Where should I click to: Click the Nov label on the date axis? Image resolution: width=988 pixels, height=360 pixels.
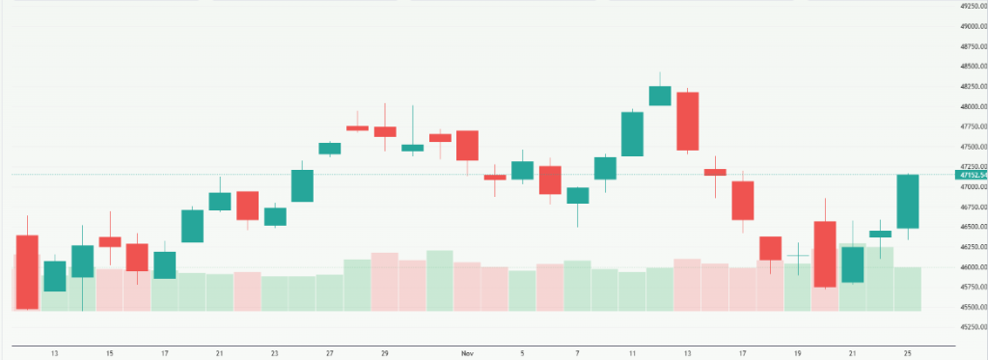pyautogui.click(x=467, y=353)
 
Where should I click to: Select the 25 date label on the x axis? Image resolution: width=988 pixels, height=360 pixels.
pyautogui.click(x=907, y=353)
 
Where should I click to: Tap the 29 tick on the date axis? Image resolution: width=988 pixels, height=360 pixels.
pyautogui.click(x=385, y=353)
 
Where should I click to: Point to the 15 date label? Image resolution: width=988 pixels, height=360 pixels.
pyautogui.click(x=110, y=353)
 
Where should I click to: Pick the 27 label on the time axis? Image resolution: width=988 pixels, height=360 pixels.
pyautogui.click(x=330, y=353)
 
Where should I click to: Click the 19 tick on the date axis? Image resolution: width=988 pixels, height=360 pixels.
pyautogui.click(x=797, y=353)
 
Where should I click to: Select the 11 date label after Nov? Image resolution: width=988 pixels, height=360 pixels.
pyautogui.click(x=632, y=353)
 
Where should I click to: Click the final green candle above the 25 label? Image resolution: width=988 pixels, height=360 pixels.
pyautogui.click(x=907, y=201)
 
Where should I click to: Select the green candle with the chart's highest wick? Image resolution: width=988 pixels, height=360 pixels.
pyautogui.click(x=660, y=95)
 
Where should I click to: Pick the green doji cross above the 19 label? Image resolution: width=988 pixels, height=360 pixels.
pyautogui.click(x=797, y=256)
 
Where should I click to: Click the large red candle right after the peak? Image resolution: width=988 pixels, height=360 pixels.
pyautogui.click(x=687, y=121)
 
